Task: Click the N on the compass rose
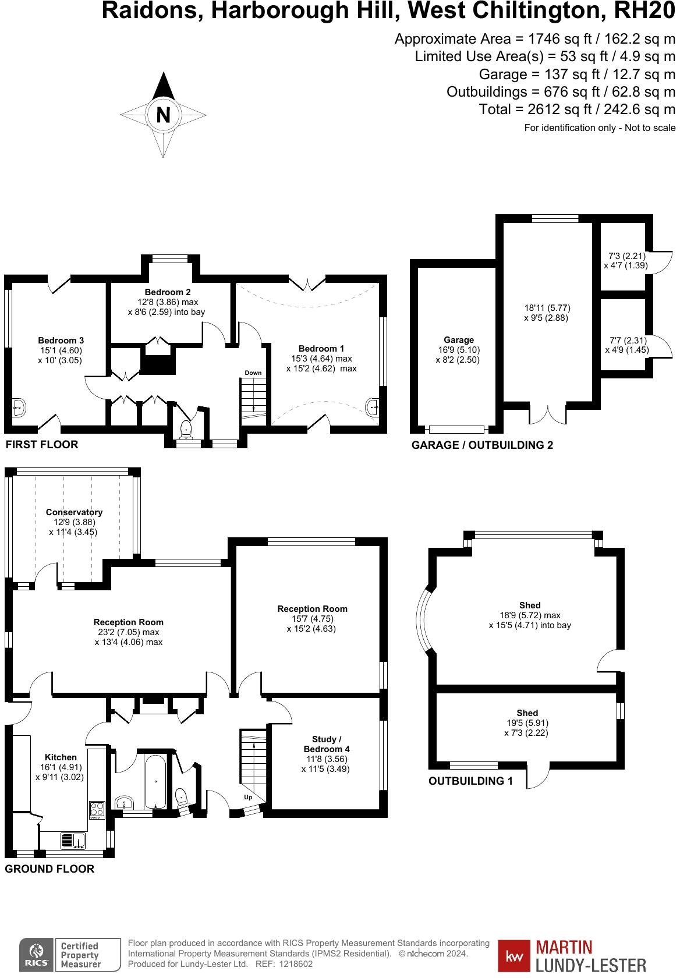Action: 164,115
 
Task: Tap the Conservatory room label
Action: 74,512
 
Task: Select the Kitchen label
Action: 61,757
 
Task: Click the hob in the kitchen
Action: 96,810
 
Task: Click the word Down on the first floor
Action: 253,373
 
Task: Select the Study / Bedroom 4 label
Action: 327,744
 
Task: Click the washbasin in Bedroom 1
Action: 373,406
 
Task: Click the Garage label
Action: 459,340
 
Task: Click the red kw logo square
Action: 513,956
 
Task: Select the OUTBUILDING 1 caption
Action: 470,781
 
